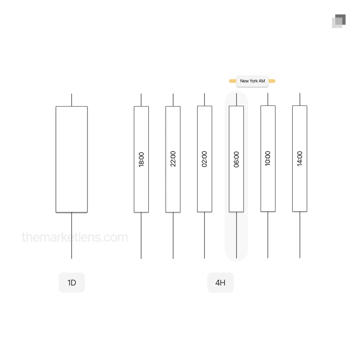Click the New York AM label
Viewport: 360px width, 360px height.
coord(252,81)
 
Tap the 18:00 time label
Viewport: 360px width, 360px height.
coord(141,159)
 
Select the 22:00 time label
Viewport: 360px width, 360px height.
coord(173,159)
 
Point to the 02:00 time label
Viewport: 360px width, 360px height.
coord(204,159)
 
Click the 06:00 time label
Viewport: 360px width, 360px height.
coord(236,159)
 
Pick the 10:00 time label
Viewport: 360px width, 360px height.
coord(268,158)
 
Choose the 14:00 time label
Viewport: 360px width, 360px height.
coord(300,159)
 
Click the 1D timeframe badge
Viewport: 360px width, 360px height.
coord(72,283)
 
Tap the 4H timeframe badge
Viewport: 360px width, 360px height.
coord(220,283)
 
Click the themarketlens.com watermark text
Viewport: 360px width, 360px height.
coord(75,237)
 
